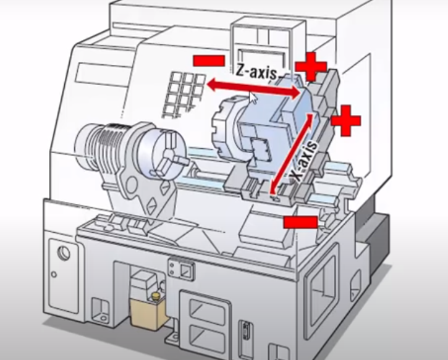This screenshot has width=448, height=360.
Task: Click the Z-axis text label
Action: (256, 72)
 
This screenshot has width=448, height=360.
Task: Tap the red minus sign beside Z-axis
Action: (209, 61)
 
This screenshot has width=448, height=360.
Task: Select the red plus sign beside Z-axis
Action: (311, 67)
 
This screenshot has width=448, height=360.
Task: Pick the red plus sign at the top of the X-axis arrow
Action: (346, 120)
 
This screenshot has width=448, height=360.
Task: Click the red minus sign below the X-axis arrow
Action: (300, 222)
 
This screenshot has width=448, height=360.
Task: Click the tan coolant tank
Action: (147, 314)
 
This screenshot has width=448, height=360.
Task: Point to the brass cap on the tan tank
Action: (156, 296)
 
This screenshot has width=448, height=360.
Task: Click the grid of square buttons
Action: (184, 94)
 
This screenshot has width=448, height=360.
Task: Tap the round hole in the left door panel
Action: (64, 253)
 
